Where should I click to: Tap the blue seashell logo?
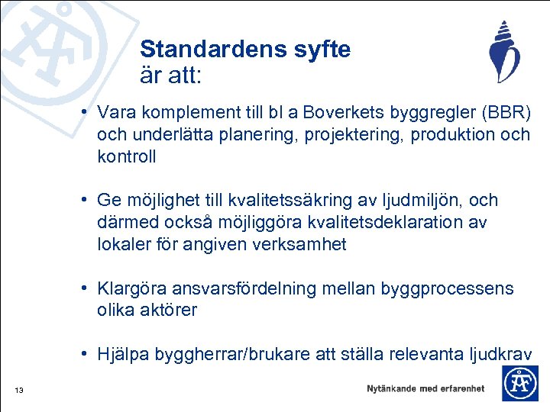(503, 52)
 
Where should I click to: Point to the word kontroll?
(127, 156)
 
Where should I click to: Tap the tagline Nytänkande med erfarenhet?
(425, 388)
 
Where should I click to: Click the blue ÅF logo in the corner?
(519, 383)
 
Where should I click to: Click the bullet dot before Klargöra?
(89, 288)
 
